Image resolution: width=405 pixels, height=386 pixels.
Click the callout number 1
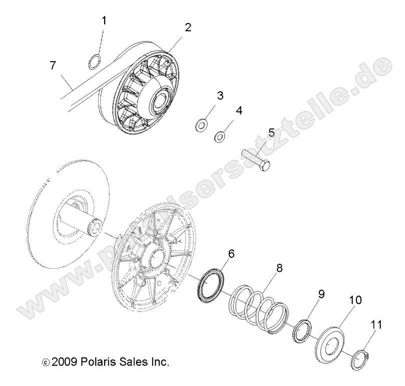(104, 21)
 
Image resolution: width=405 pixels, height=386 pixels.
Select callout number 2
(188, 27)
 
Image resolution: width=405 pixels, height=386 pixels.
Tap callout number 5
(271, 132)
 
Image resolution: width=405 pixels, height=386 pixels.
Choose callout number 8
(278, 268)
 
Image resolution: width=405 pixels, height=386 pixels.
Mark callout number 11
(375, 325)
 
